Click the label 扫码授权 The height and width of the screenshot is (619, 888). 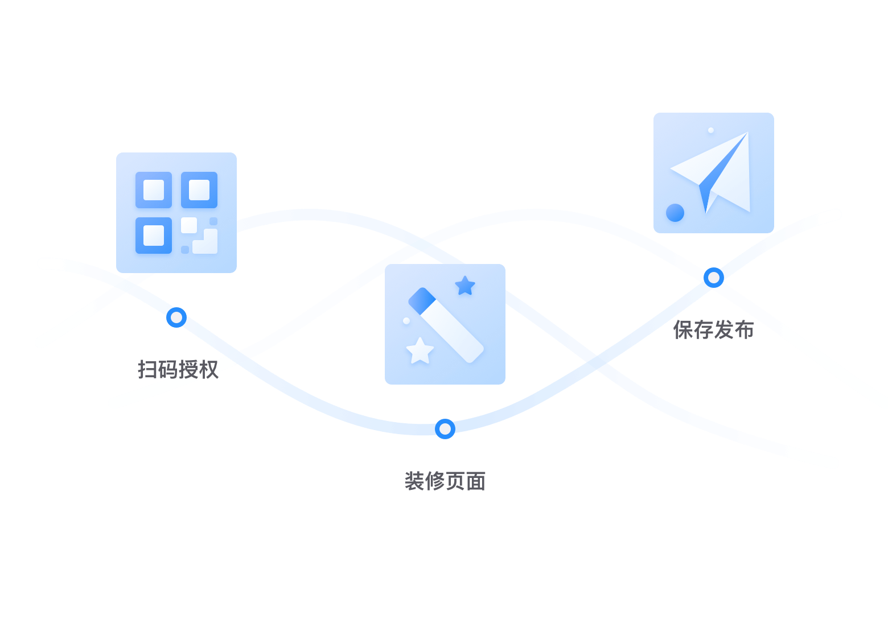click(178, 369)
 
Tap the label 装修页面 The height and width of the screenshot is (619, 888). click(445, 481)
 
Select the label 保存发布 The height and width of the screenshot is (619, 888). click(713, 329)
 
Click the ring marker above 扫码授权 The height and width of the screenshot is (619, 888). click(176, 317)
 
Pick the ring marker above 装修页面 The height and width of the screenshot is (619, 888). click(445, 428)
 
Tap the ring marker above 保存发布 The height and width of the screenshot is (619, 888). click(713, 278)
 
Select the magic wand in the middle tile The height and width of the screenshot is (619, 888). click(446, 325)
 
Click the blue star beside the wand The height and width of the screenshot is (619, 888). click(465, 286)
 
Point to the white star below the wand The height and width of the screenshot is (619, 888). click(420, 351)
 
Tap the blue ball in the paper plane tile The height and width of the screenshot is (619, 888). click(675, 213)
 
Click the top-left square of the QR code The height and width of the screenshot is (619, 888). click(154, 190)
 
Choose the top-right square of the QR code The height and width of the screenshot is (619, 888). click(199, 190)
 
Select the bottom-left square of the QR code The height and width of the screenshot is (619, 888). click(154, 236)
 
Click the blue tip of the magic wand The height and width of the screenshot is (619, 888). click(422, 300)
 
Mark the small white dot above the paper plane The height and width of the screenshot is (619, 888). click(711, 130)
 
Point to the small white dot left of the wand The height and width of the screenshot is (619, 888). click(406, 321)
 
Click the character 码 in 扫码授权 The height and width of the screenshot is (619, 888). click(168, 369)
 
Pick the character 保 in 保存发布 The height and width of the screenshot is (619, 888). click(683, 329)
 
